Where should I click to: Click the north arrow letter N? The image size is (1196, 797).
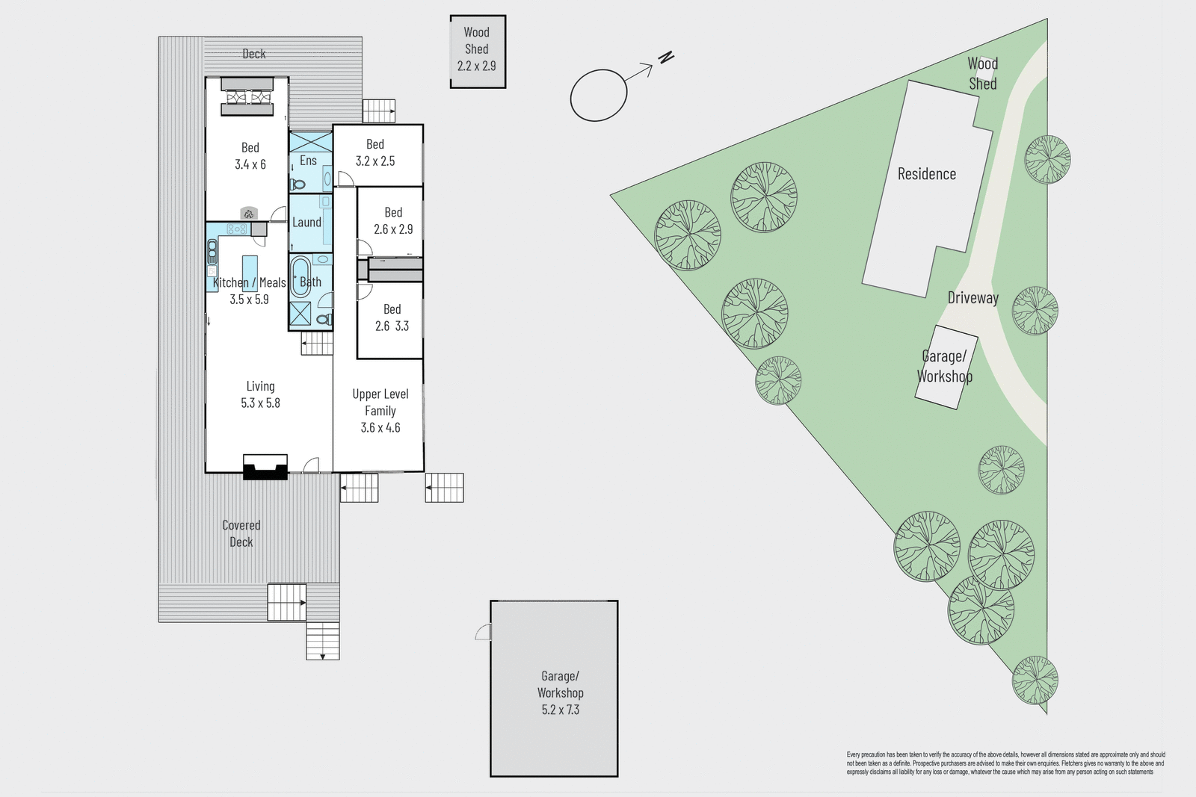pyautogui.click(x=666, y=57)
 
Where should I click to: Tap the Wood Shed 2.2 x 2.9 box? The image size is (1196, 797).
pyautogui.click(x=478, y=52)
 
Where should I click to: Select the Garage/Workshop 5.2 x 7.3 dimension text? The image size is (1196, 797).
pyautogui.click(x=561, y=710)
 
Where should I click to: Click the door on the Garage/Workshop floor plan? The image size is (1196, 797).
pyautogui.click(x=484, y=633)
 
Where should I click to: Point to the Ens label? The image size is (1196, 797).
pyautogui.click(x=308, y=161)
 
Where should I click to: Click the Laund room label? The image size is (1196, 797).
pyautogui.click(x=306, y=222)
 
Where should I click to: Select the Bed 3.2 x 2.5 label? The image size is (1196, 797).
pyautogui.click(x=375, y=152)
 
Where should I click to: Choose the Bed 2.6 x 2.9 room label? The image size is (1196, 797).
pyautogui.click(x=393, y=221)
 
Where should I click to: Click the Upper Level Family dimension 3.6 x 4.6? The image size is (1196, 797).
pyautogui.click(x=380, y=427)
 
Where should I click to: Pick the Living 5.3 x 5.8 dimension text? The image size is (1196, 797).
pyautogui.click(x=260, y=403)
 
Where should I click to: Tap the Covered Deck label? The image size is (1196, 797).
pyautogui.click(x=241, y=533)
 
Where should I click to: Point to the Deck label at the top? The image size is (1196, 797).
pyautogui.click(x=254, y=54)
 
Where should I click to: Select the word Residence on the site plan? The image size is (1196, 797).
pyautogui.click(x=927, y=174)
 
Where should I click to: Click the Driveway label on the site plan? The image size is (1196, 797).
pyautogui.click(x=972, y=298)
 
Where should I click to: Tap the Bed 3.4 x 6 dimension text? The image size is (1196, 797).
pyautogui.click(x=250, y=164)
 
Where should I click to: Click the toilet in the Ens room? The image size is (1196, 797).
pyautogui.click(x=298, y=184)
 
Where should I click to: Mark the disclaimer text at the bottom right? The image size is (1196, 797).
pyautogui.click(x=1005, y=763)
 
